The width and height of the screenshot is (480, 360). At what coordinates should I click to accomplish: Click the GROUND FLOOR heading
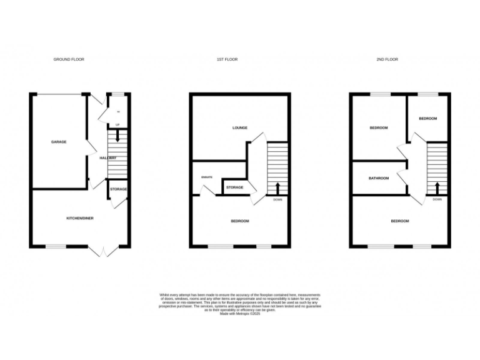click(x=69, y=59)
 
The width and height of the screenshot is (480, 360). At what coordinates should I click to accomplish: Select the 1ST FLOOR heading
click(x=227, y=59)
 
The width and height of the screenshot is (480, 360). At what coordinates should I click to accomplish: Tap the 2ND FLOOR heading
click(x=387, y=59)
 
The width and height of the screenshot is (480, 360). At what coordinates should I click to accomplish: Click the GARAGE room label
click(x=59, y=142)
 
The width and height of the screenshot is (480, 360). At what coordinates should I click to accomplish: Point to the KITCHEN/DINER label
click(x=80, y=218)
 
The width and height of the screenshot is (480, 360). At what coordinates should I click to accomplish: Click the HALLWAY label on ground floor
click(x=108, y=157)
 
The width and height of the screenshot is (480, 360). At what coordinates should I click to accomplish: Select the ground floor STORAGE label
click(x=119, y=189)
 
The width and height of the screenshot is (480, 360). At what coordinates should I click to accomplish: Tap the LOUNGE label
click(x=240, y=127)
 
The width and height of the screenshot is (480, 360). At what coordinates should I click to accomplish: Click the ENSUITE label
click(x=207, y=177)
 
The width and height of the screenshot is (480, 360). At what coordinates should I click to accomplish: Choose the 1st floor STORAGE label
click(x=234, y=187)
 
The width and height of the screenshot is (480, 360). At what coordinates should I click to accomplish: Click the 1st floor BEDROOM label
click(x=240, y=221)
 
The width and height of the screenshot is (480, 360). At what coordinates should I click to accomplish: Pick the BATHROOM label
click(x=378, y=178)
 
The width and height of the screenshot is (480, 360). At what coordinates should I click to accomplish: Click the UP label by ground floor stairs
click(x=117, y=124)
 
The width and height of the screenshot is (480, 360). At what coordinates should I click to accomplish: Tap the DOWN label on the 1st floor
click(x=277, y=200)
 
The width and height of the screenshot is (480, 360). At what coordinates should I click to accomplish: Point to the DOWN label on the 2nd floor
click(x=437, y=199)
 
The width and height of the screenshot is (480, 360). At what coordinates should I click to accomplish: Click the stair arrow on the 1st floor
click(x=277, y=187)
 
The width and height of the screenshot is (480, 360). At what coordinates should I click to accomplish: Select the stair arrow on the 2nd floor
click(x=437, y=187)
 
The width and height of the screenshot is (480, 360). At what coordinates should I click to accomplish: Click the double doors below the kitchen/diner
click(x=103, y=251)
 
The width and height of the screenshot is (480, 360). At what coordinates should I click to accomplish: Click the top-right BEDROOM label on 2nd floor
click(x=427, y=119)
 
